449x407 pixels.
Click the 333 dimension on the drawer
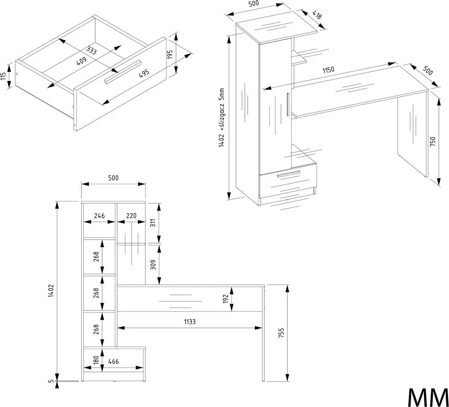click(x=91, y=50)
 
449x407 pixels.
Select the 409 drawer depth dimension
click(x=81, y=61)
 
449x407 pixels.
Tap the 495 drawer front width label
click(x=144, y=73)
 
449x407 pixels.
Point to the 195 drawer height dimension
click(x=170, y=55)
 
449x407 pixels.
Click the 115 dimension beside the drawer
click(x=3, y=76)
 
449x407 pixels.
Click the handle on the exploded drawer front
click(x=123, y=72)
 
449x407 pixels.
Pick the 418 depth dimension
click(x=317, y=14)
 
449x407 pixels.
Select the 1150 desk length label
click(x=328, y=69)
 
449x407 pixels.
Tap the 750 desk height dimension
click(x=432, y=142)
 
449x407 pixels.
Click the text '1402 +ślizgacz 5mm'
click(x=221, y=118)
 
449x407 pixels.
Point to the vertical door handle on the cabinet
click(x=288, y=104)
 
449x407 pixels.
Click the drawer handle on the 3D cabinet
click(x=289, y=174)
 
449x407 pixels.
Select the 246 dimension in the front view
click(x=100, y=215)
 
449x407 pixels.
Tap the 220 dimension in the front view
click(x=131, y=215)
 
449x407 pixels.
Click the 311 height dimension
click(x=153, y=223)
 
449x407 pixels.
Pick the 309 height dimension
click(x=153, y=264)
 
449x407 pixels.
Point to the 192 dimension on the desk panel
click(x=225, y=299)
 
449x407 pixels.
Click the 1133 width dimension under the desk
click(x=190, y=322)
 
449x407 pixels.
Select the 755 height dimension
click(x=281, y=333)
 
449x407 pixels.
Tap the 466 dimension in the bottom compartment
click(x=113, y=362)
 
